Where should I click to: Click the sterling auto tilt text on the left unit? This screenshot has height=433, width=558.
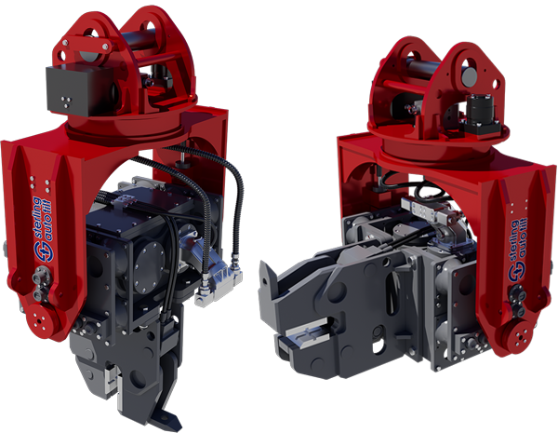[43, 218]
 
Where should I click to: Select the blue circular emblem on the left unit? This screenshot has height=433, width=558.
[43, 251]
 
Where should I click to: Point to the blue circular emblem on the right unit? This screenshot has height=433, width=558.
[517, 272]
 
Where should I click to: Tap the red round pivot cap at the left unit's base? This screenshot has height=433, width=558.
[40, 321]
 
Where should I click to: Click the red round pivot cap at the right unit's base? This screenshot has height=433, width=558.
[519, 336]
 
